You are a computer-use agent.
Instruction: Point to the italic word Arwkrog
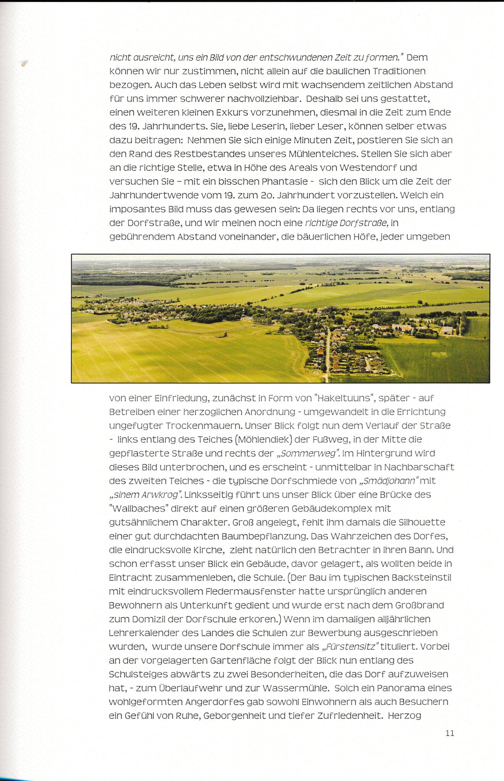tap(160, 495)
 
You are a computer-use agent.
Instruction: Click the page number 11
tap(450, 733)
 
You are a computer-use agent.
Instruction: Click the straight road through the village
tap(327, 355)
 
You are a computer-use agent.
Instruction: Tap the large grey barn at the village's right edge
tap(448, 330)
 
